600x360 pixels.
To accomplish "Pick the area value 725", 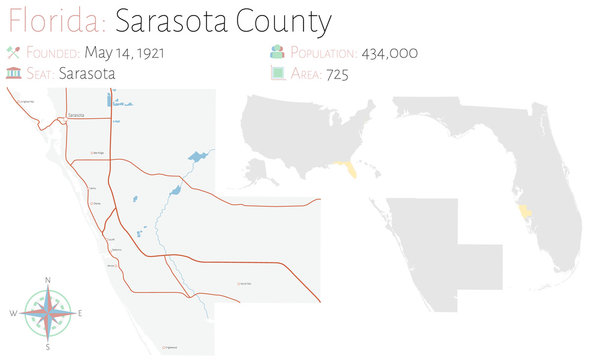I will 337,73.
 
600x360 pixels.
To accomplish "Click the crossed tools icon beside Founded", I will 13,52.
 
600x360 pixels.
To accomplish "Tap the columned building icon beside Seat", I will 13,73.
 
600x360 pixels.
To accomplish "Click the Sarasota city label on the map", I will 75,117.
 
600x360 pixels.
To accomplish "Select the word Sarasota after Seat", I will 87,73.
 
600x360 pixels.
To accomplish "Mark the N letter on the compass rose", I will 47,279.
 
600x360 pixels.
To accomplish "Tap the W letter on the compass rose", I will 13,314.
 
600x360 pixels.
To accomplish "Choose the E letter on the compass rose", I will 81,314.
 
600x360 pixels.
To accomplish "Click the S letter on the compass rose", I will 47,348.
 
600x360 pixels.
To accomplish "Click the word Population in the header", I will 321,52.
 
